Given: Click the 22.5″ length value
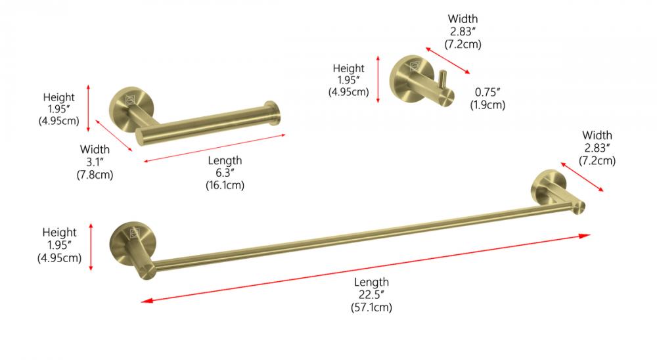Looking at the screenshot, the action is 371,294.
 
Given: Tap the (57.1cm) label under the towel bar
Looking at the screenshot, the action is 372,307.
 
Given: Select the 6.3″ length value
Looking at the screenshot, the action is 225,173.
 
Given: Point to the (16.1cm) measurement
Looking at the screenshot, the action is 225,185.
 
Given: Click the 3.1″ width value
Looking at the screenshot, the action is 95,162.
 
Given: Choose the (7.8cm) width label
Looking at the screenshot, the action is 95,174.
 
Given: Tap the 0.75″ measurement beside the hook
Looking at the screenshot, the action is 487,92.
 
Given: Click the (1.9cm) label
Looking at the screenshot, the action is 487,104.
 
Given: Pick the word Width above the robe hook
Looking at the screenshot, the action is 463,19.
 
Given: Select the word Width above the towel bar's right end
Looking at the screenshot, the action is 597,135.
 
